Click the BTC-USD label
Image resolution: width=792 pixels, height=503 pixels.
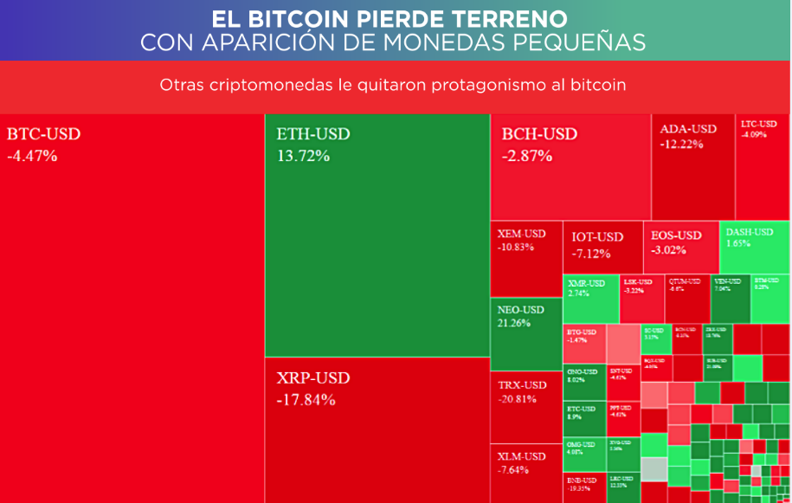point(43,134)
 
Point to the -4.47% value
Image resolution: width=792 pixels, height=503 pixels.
point(32,156)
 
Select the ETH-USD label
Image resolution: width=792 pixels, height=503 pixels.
point(313,134)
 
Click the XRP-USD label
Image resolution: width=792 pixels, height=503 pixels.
point(313,378)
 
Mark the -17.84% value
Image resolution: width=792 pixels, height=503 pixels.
point(306,400)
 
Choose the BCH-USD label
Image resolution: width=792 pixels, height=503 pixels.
point(539,134)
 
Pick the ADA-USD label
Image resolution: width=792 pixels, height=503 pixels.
point(688,129)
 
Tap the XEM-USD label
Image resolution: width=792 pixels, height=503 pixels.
point(522,234)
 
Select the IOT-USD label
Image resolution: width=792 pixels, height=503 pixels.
point(597,237)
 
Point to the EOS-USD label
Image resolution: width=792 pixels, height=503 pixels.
point(676,235)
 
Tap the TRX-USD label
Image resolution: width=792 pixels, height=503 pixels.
point(523,385)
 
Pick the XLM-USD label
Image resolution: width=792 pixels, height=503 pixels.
point(522,456)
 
